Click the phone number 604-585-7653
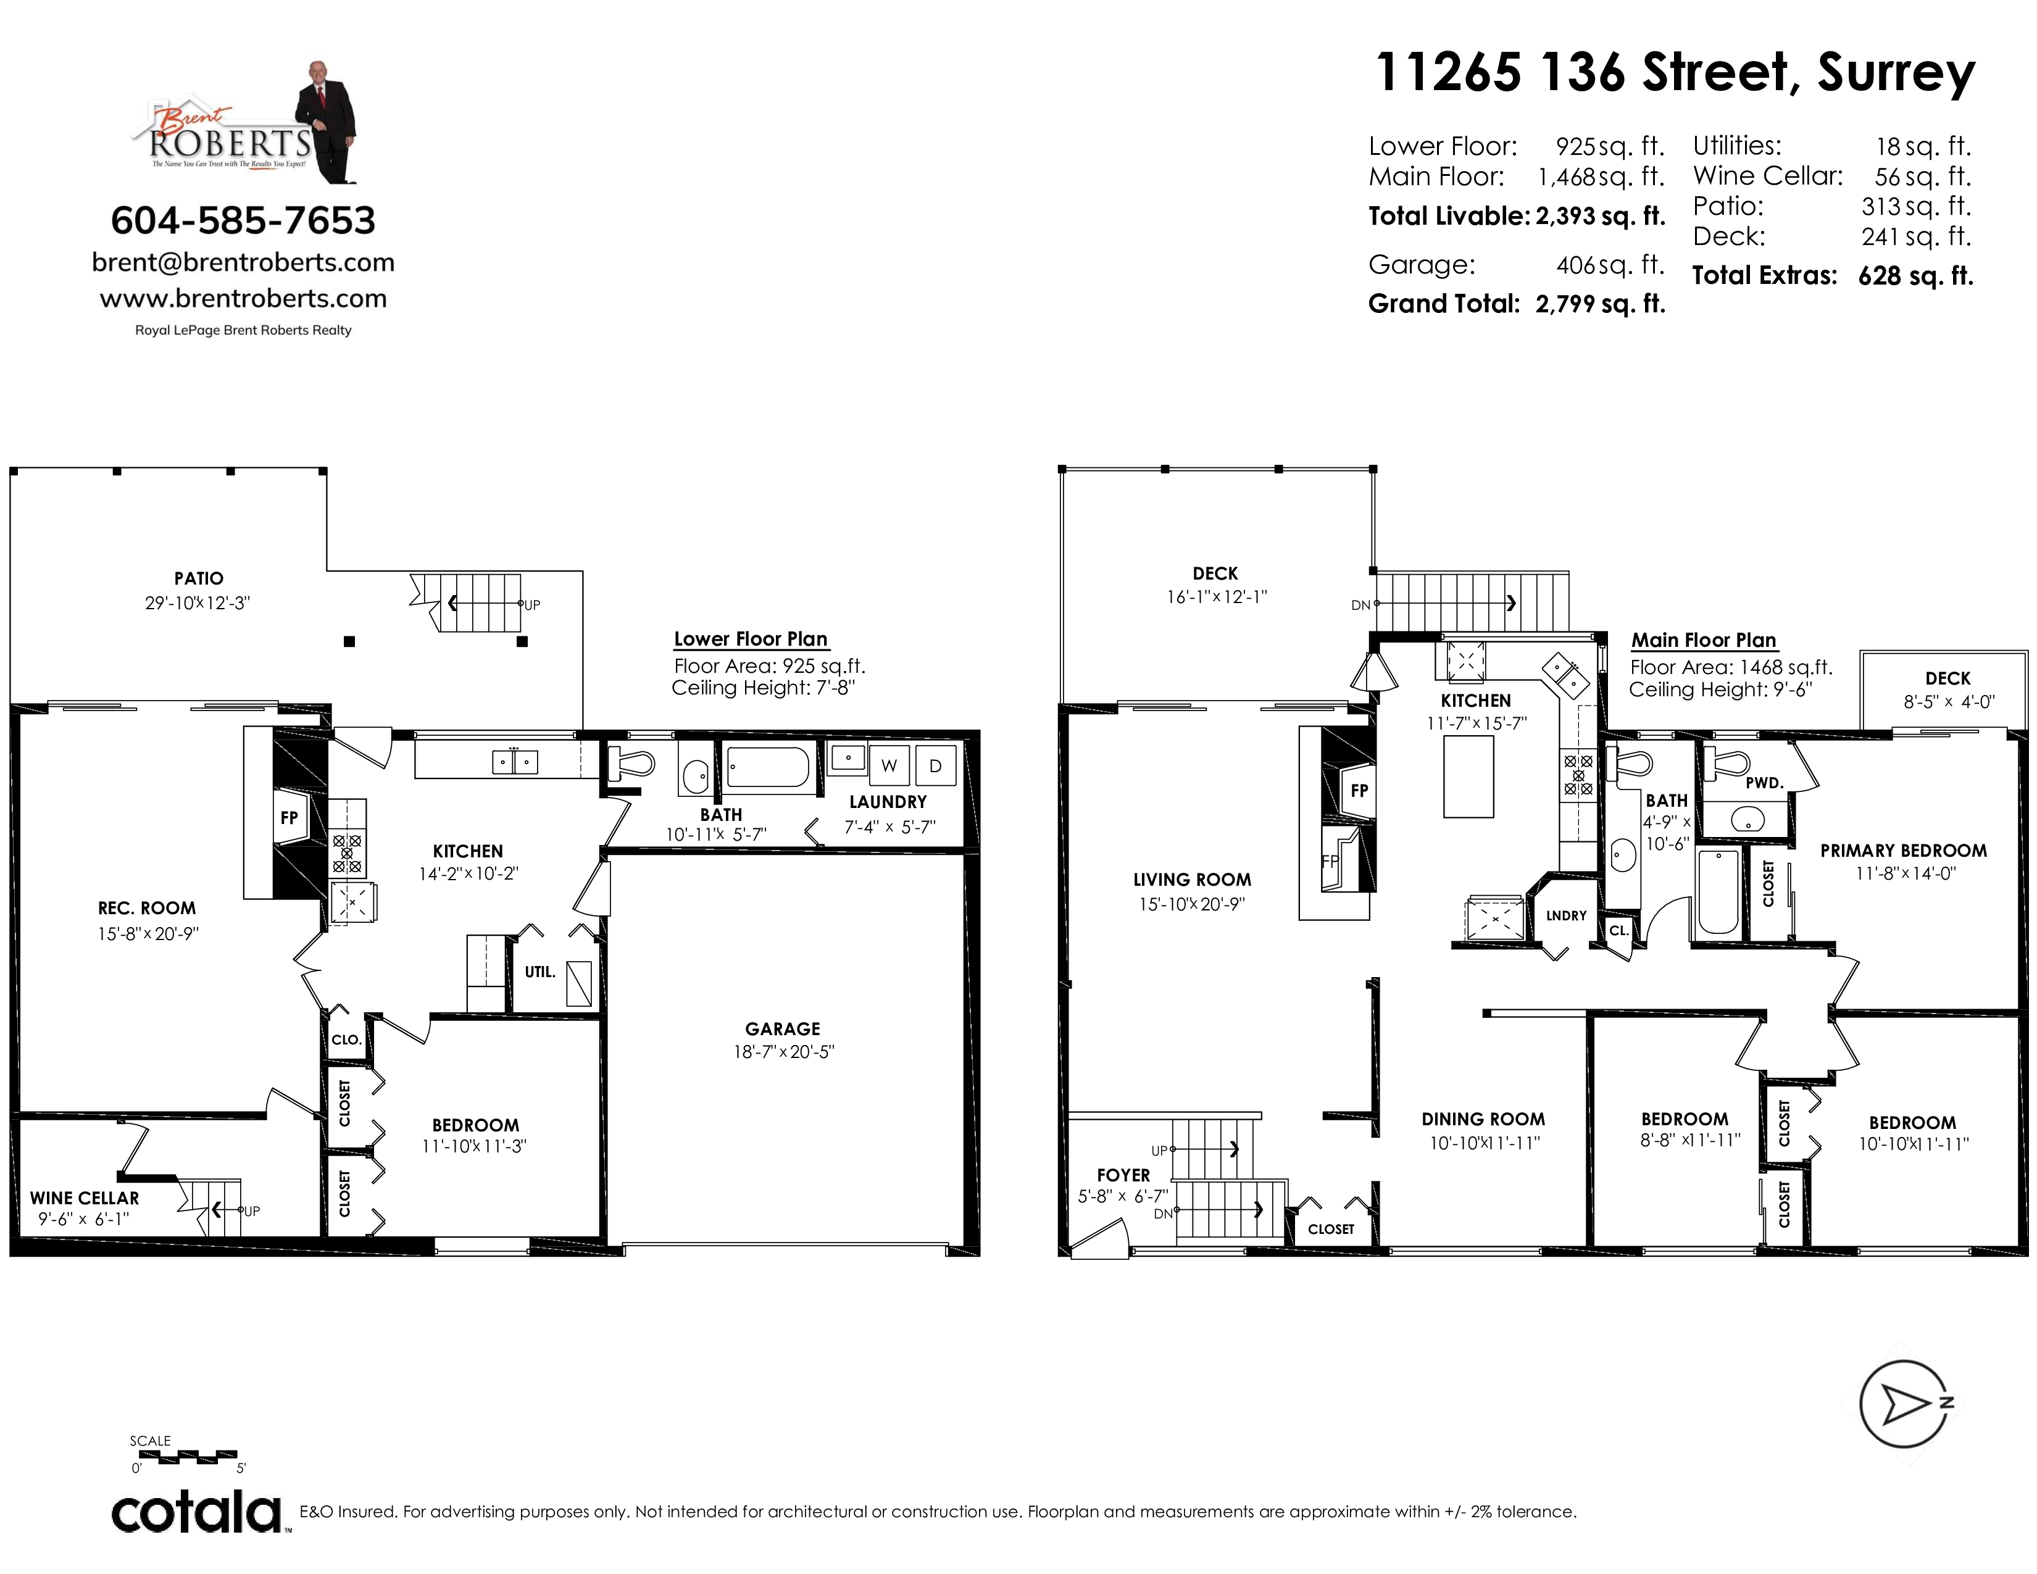tap(243, 221)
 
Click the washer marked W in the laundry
tap(889, 765)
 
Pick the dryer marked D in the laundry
tap(936, 765)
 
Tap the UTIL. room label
tap(540, 972)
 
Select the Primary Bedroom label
tap(1904, 851)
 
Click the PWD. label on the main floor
tap(1765, 783)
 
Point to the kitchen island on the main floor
tap(1469, 777)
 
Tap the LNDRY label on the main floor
tap(1566, 915)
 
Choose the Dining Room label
tap(1483, 1119)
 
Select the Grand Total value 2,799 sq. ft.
tap(1601, 304)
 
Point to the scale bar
tap(185, 1457)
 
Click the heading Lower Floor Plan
tap(751, 639)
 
